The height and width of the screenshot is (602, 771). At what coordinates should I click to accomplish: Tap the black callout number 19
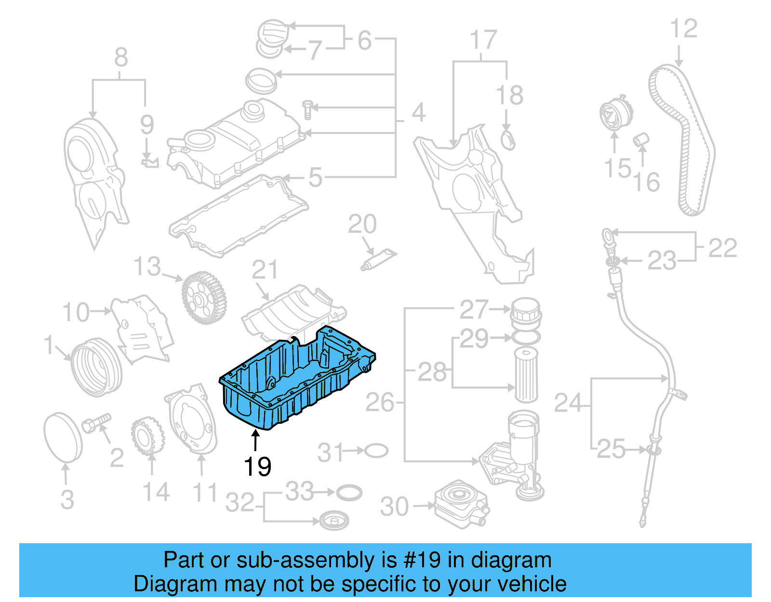pos(257,467)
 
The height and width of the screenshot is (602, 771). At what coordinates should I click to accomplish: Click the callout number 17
pos(483,40)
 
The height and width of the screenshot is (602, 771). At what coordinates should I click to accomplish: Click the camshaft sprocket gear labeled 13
pos(204,298)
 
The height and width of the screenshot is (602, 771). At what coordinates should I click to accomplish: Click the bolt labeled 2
pos(96,423)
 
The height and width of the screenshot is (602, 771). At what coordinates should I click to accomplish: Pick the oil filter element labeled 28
pos(526,375)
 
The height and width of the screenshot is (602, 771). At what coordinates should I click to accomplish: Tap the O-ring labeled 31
pos(376,451)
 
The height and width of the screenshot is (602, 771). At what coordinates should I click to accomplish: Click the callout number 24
pos(569,403)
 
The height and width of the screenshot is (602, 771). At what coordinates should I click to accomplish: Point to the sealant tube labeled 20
pos(379,259)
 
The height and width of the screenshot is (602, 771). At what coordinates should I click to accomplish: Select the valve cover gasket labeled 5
pos(239,217)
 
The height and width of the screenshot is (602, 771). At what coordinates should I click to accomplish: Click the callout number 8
pos(121,58)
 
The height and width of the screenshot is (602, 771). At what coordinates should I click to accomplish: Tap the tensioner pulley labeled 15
pos(613,114)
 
